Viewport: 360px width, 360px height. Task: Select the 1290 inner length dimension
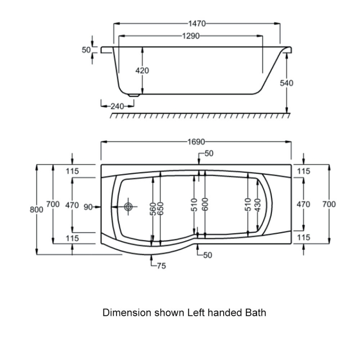191,36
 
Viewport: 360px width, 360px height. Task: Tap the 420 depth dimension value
142,71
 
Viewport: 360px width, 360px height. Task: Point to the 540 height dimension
287,83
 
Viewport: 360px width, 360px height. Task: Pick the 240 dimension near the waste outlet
117,106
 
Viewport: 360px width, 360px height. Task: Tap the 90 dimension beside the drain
88,207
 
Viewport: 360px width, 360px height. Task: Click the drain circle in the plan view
129,207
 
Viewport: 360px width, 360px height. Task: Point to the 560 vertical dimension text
153,209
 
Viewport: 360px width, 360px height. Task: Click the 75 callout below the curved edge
161,266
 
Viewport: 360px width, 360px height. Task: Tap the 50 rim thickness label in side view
86,50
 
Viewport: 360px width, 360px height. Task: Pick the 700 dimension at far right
329,204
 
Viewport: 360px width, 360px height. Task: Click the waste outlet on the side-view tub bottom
134,95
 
